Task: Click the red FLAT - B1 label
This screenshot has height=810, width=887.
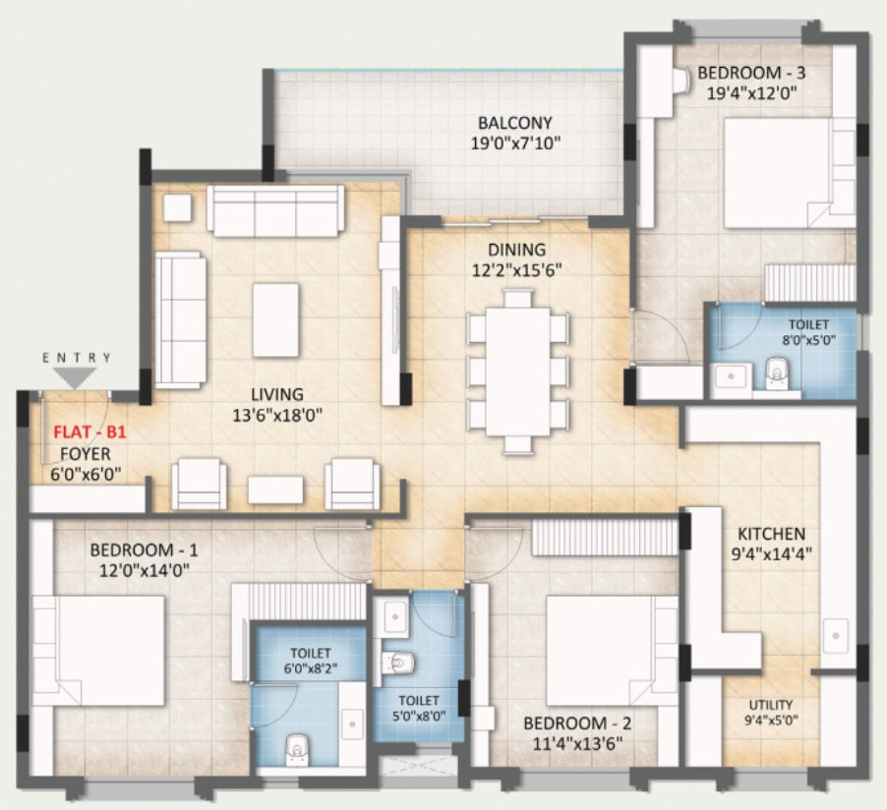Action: (x=89, y=433)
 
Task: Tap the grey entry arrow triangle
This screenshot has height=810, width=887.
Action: (x=75, y=377)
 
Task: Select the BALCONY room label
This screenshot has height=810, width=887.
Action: (x=514, y=123)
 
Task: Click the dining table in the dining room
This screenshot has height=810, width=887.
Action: (x=518, y=371)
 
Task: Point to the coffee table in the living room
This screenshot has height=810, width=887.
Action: (x=275, y=319)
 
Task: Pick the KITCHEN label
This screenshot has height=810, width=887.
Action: (x=771, y=534)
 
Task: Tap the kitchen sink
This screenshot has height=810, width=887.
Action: (x=835, y=636)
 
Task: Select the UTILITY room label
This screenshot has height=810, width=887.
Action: (x=770, y=705)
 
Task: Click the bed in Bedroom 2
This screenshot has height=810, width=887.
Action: (x=612, y=651)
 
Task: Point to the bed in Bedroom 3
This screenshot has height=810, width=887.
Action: (x=789, y=173)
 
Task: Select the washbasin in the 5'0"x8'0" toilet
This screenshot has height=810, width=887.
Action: (x=394, y=616)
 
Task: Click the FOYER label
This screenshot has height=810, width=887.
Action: (x=86, y=453)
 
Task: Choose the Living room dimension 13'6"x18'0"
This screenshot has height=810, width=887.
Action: (x=277, y=416)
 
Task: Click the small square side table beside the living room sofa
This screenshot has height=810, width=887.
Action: (x=178, y=207)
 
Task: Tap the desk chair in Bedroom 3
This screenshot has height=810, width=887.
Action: (x=681, y=81)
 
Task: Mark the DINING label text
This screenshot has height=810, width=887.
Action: (x=517, y=250)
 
